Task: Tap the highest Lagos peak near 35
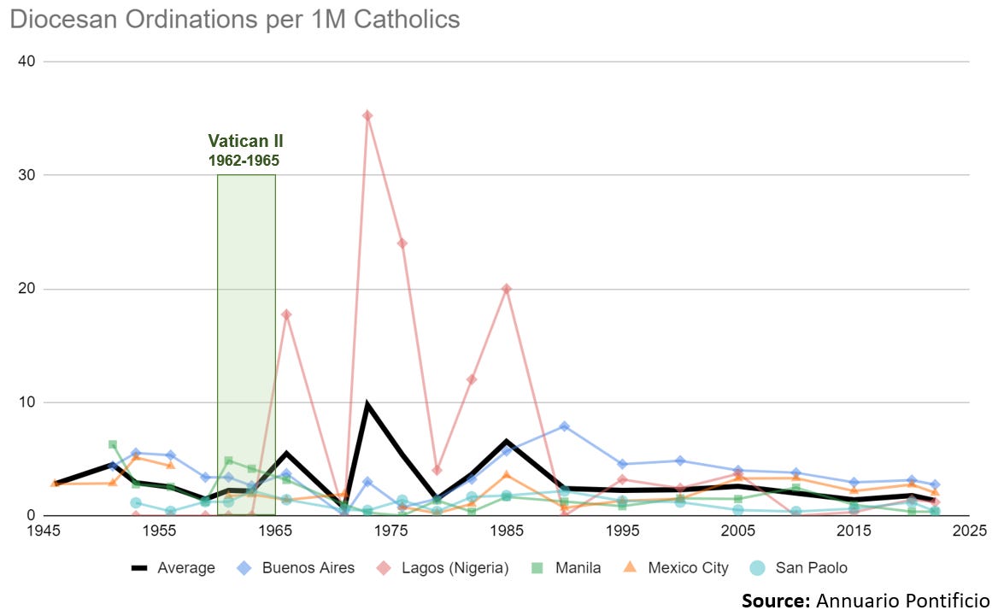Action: point(367,115)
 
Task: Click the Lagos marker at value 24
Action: point(402,243)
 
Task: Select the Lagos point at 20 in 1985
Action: point(507,289)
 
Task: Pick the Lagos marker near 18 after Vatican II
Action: point(287,314)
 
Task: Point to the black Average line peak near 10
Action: point(367,405)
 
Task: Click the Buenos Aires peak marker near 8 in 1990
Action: point(565,426)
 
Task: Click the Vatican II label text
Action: point(245,142)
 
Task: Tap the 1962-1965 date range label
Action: point(245,160)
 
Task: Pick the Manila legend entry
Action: point(566,567)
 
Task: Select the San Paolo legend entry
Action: point(798,567)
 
